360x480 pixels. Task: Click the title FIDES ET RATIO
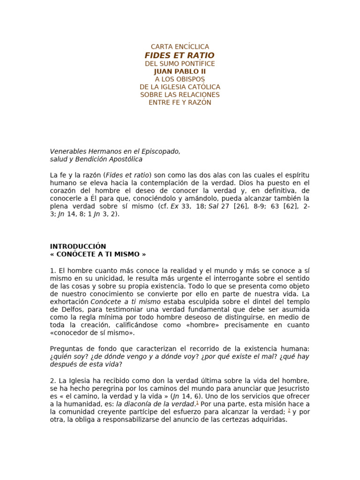pyautogui.click(x=180, y=55)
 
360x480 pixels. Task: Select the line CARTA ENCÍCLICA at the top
pyautogui.click(x=180, y=47)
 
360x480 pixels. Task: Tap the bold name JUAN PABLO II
pyautogui.click(x=180, y=71)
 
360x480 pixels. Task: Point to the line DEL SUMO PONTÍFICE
pyautogui.click(x=180, y=63)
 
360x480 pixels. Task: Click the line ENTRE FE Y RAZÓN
pyautogui.click(x=180, y=103)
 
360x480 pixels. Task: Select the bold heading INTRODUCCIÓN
pyautogui.click(x=78, y=246)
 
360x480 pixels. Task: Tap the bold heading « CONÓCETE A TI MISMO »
pyautogui.click(x=98, y=254)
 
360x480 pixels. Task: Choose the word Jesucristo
pyautogui.click(x=292, y=389)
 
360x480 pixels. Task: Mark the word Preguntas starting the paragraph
pyautogui.click(x=67, y=349)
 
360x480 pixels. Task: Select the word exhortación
pyautogui.click(x=69, y=302)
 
